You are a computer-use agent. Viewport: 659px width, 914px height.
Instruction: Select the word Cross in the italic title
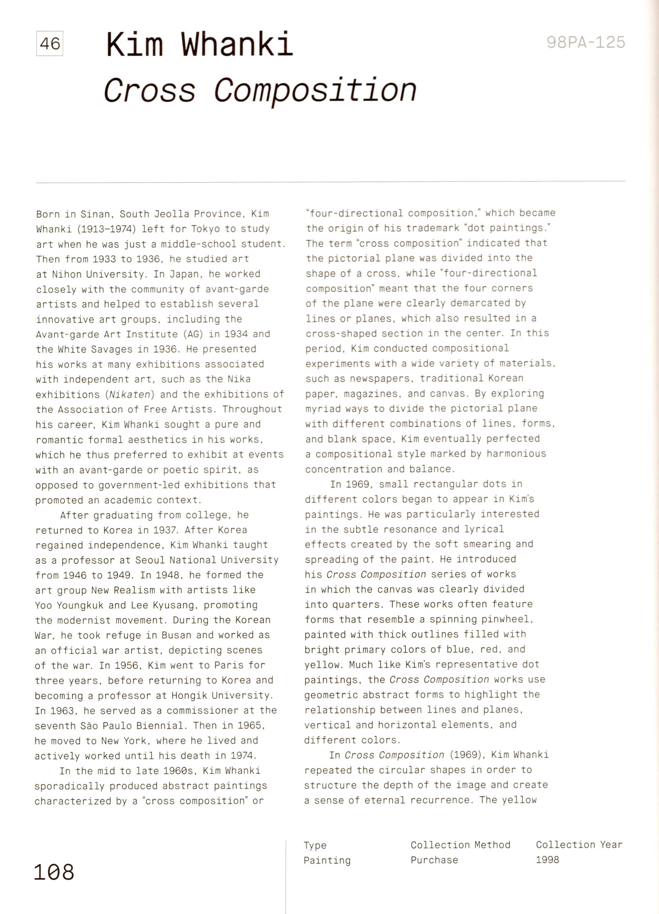click(x=150, y=90)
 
